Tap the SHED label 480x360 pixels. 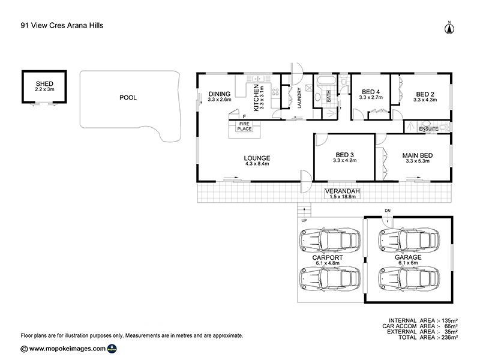coord(44,83)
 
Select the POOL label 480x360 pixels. coord(128,97)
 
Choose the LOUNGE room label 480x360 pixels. coord(257,158)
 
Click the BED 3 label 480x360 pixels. coord(345,154)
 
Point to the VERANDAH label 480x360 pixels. coord(342,191)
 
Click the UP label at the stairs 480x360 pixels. coord(304,220)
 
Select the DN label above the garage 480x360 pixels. coord(387,211)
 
